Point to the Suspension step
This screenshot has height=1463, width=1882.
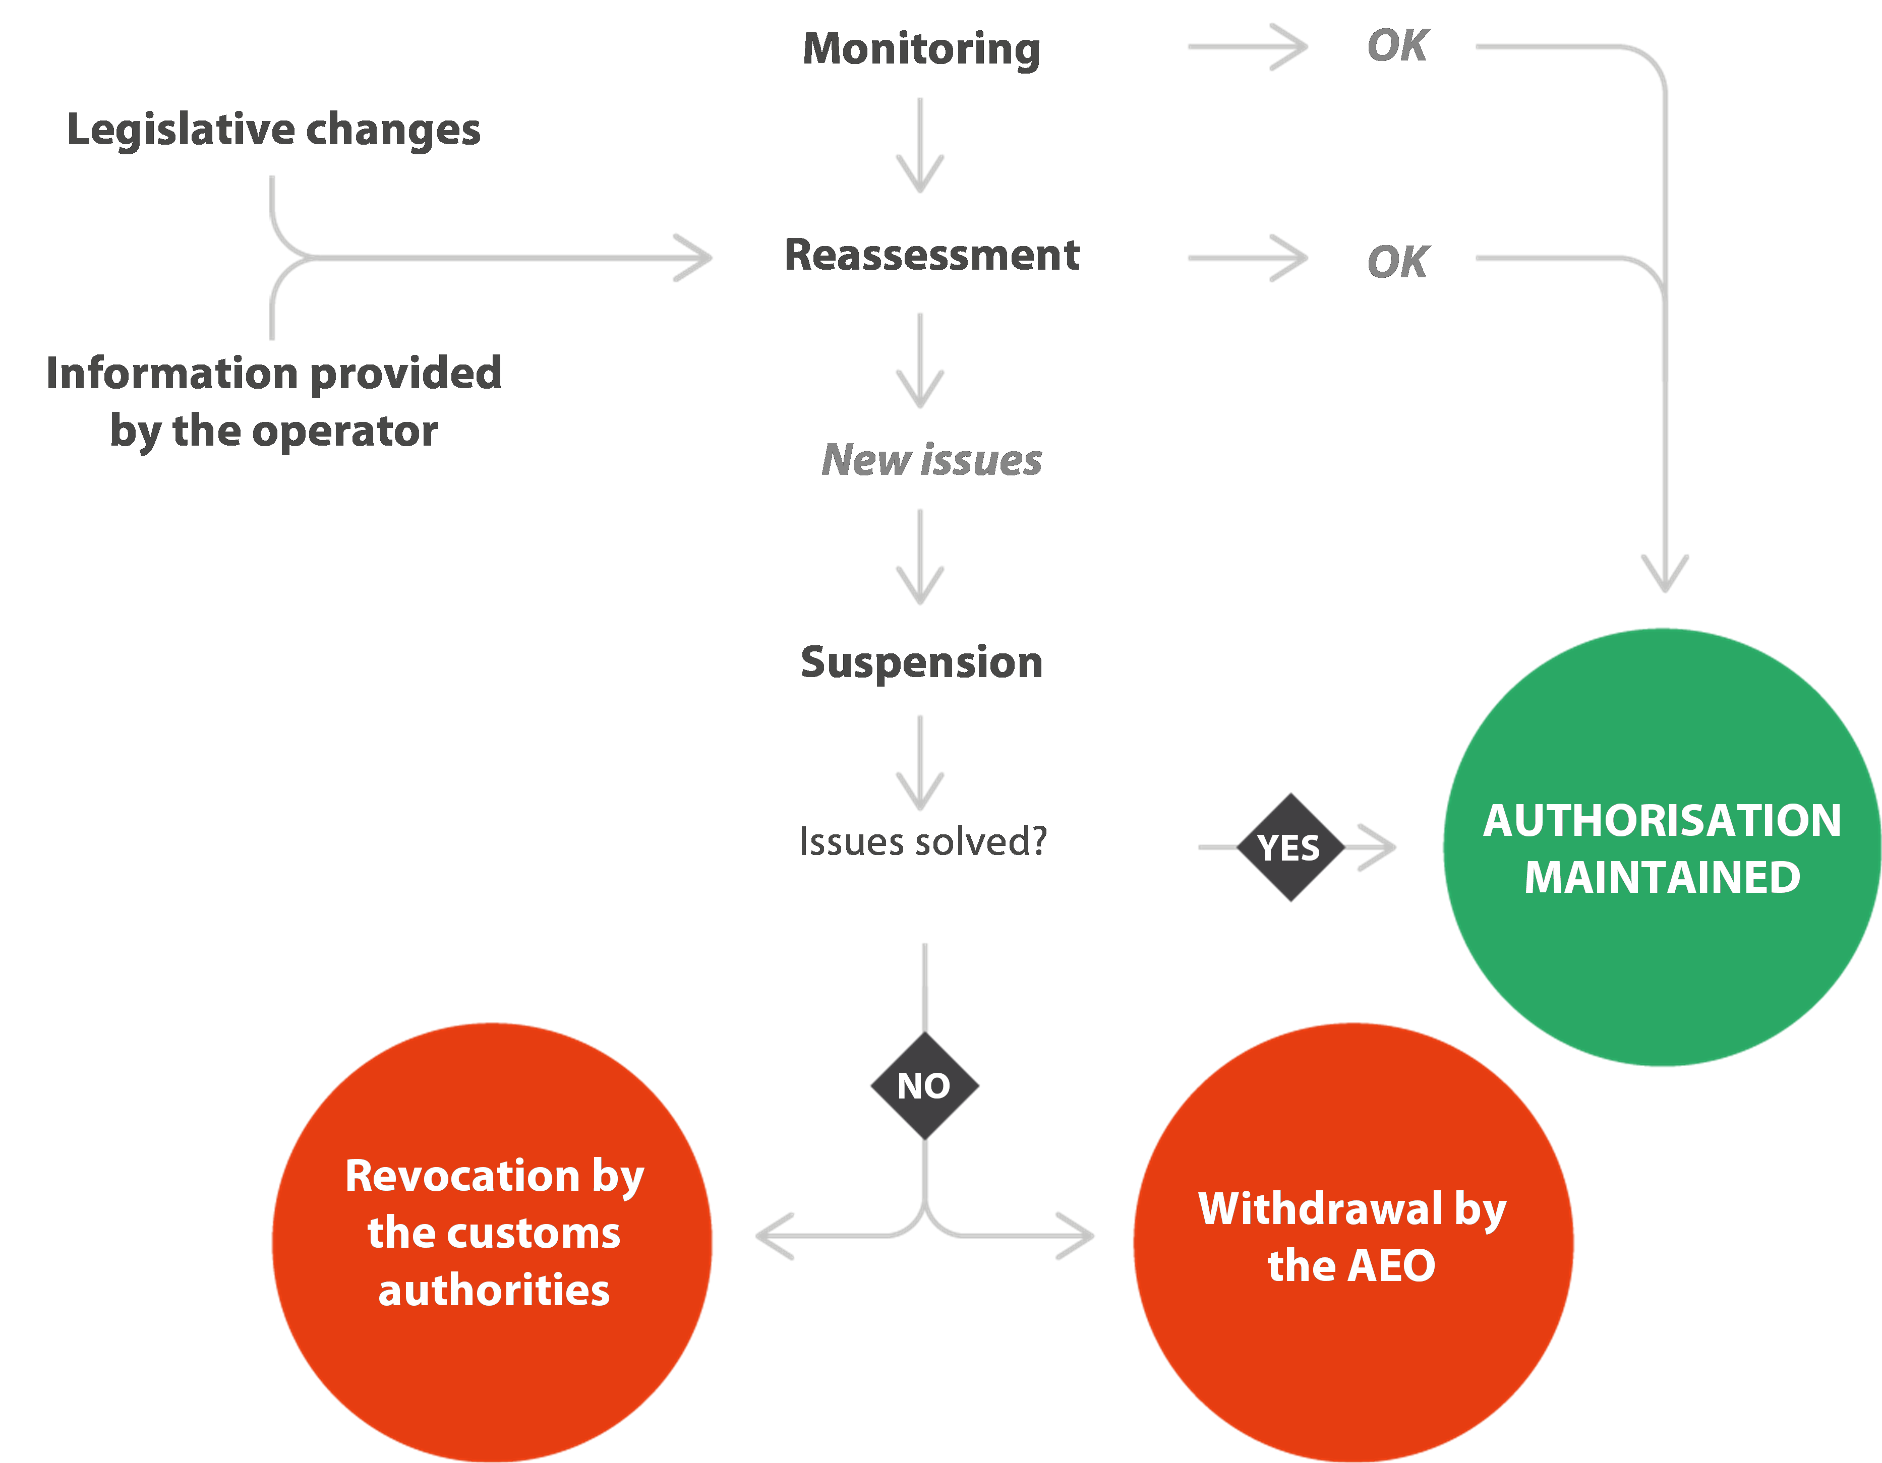pyautogui.click(x=921, y=662)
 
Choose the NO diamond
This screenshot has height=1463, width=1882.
pyautogui.click(x=924, y=1085)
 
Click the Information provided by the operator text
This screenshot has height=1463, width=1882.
pyautogui.click(x=273, y=401)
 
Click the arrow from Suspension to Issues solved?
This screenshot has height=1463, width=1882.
pyautogui.click(x=920, y=763)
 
